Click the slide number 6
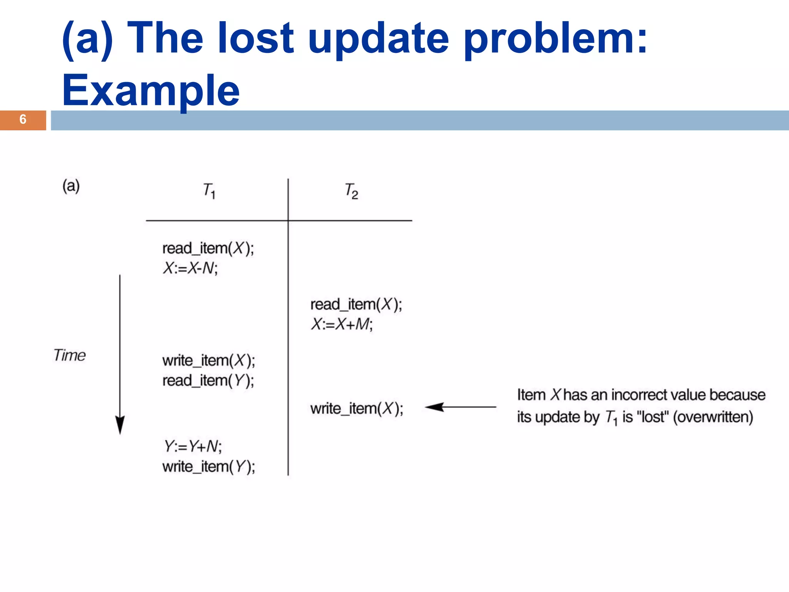[x=23, y=119]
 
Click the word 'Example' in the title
[x=151, y=91]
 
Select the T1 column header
[x=209, y=190]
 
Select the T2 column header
[x=351, y=191]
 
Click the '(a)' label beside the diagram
[x=71, y=186]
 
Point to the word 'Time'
[x=70, y=355]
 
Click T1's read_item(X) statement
[x=208, y=248]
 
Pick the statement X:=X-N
[x=190, y=268]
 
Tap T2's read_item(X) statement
[x=356, y=304]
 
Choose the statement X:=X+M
[x=342, y=324]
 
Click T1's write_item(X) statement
[x=208, y=361]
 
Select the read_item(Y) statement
[x=208, y=381]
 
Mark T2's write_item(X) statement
[x=357, y=409]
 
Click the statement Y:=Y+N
[x=193, y=446]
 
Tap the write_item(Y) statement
[x=208, y=467]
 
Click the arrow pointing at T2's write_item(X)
[x=460, y=407]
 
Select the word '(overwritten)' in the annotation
[x=713, y=417]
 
